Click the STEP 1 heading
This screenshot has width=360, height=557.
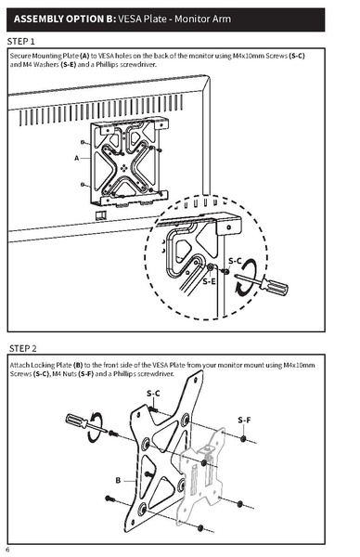[22, 42]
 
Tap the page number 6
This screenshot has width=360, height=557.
[7, 551]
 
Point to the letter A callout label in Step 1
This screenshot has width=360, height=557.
[76, 158]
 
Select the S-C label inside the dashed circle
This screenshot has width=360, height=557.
[236, 261]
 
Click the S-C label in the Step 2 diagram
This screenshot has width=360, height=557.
[154, 394]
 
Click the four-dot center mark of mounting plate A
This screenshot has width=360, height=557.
[127, 168]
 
